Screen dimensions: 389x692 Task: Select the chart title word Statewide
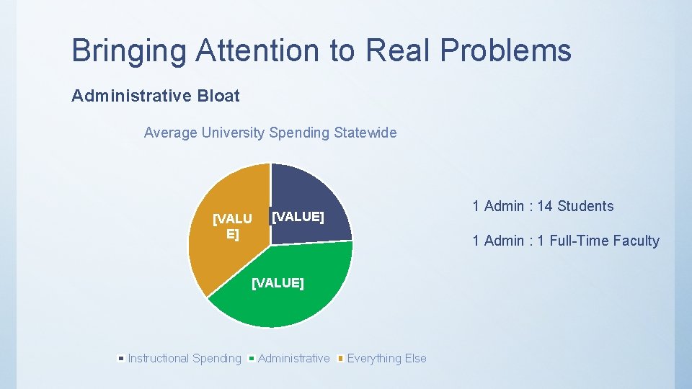[365, 133]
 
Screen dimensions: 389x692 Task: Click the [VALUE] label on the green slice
[278, 283]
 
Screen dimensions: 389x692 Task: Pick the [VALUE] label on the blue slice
[297, 217]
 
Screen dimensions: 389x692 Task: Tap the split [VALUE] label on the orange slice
[232, 226]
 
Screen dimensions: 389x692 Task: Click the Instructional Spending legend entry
[184, 359]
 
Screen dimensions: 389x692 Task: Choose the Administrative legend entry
[293, 359]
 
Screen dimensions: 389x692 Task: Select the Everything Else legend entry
[386, 359]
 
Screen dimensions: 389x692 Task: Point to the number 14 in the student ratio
[544, 206]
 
